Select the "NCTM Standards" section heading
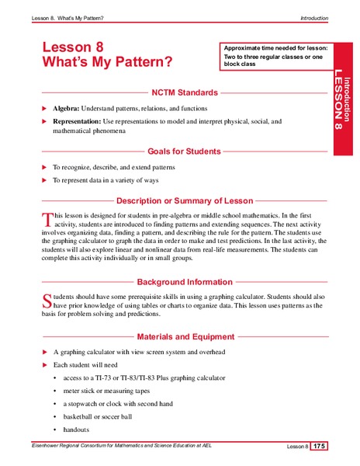[185, 92]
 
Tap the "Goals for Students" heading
[185, 151]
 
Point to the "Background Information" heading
[185, 282]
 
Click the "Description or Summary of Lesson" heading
[185, 200]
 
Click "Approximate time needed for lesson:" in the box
[275, 48]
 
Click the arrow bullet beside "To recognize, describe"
[44, 167]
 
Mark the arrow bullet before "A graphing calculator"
[44, 352]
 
